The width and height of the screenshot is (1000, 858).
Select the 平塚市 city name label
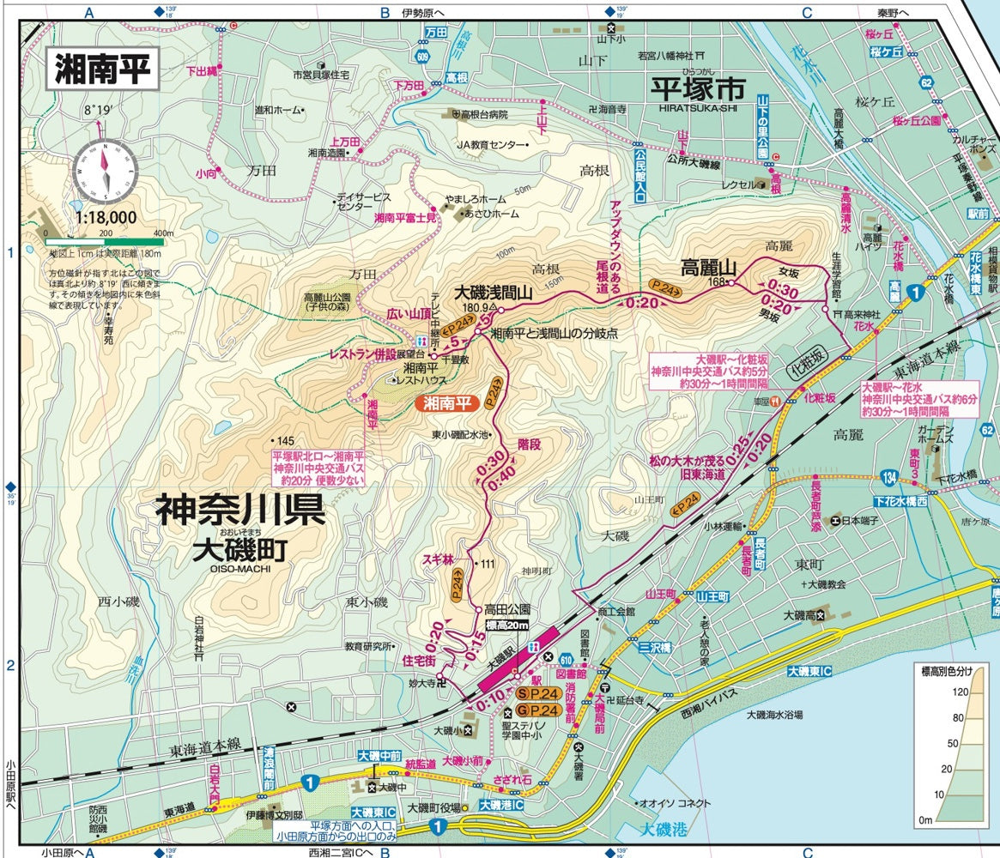(x=698, y=88)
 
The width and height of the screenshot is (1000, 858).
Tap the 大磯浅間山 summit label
(x=494, y=292)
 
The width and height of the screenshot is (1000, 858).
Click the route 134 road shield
(x=889, y=476)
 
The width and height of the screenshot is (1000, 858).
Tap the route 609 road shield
(x=422, y=57)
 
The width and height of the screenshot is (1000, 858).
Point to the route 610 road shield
(x=567, y=658)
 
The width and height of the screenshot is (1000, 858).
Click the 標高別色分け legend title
(x=953, y=672)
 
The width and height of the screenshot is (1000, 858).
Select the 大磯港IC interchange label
(x=501, y=806)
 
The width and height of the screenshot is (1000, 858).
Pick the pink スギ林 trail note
(x=437, y=559)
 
